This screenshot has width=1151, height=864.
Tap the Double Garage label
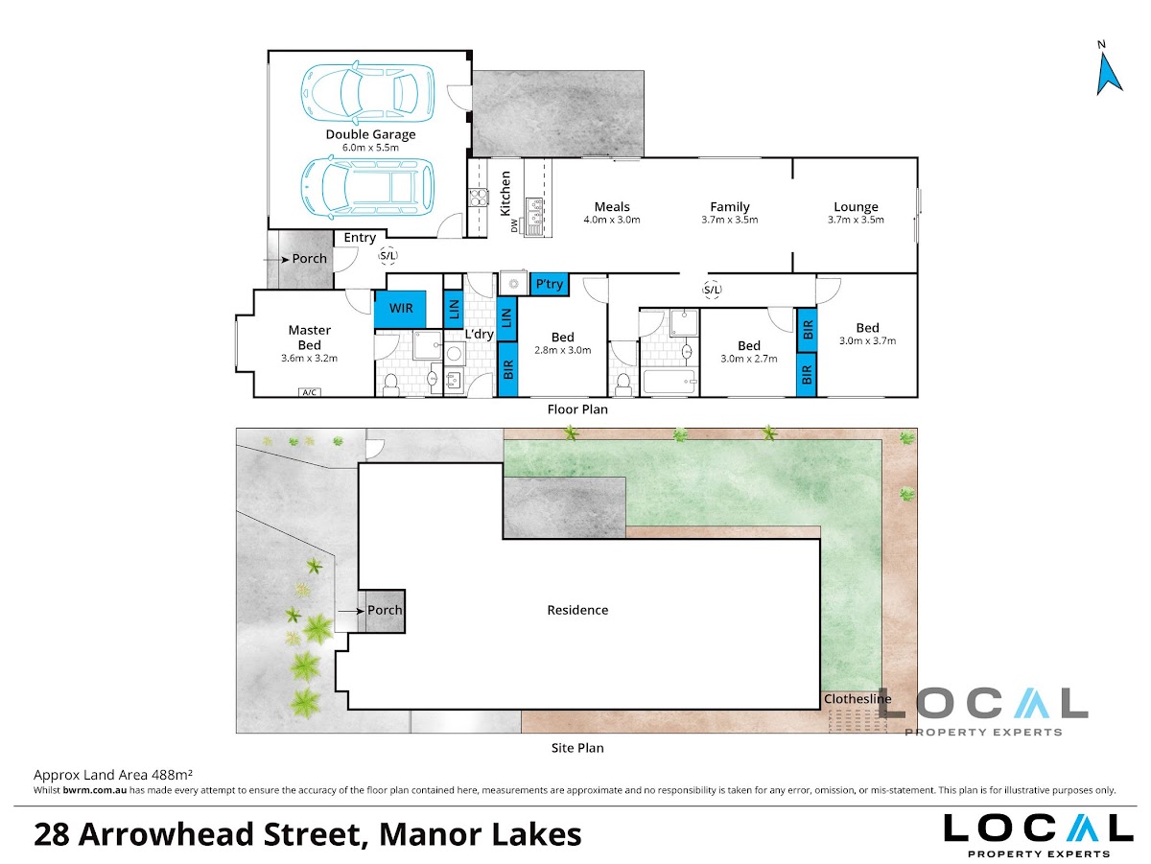coord(370,135)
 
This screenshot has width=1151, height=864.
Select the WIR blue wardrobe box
coord(400,310)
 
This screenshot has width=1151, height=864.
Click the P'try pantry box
coord(549,284)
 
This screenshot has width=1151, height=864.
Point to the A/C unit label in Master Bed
coord(310,392)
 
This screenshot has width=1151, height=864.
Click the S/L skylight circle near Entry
coord(388,256)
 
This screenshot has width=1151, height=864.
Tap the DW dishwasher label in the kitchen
coord(514,226)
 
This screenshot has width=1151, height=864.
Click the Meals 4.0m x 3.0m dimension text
coord(612,221)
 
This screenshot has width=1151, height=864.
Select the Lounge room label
coord(856,208)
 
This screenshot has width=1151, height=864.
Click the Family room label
coord(730,207)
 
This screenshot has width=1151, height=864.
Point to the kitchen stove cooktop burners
coord(478,198)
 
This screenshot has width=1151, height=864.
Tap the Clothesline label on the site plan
coord(857,699)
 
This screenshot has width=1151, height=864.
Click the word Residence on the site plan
coord(577,610)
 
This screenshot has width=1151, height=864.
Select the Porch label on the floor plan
coord(310,259)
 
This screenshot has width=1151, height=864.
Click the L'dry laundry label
coord(480,335)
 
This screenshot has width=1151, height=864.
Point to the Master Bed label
coord(310,338)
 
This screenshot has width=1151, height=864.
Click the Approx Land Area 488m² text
coord(113,775)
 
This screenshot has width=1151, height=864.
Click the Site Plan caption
coord(577,748)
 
